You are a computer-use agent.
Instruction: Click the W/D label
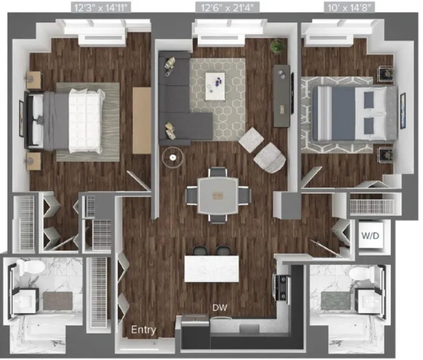(369, 236)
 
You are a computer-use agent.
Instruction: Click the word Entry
(143, 330)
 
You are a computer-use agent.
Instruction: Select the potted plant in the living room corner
(278, 45)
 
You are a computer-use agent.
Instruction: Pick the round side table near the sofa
(172, 156)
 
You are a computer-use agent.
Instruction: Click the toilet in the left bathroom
(26, 268)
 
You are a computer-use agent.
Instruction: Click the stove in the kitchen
(283, 287)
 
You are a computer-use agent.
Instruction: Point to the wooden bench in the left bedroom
(142, 120)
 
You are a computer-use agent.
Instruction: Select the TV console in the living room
(281, 96)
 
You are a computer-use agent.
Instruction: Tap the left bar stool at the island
(199, 251)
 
